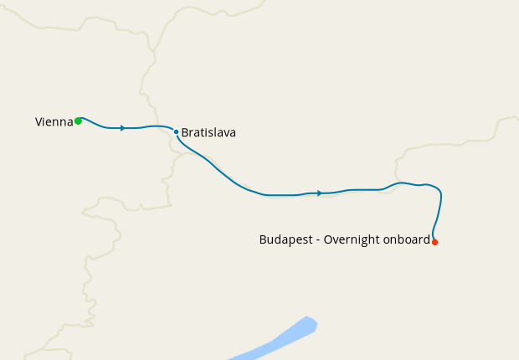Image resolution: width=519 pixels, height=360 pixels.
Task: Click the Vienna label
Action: [x=54, y=122]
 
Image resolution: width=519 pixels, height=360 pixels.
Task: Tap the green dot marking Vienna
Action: [x=78, y=121]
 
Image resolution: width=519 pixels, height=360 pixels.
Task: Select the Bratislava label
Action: [x=208, y=132]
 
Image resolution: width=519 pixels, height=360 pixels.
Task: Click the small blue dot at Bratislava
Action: [x=176, y=131]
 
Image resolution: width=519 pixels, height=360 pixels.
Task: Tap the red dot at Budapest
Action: [x=434, y=242]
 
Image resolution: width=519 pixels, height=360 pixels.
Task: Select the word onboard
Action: [x=406, y=239]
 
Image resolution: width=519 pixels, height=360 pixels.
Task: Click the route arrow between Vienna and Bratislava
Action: [x=123, y=128]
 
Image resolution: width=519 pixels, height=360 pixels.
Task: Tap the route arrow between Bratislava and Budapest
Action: [x=319, y=193]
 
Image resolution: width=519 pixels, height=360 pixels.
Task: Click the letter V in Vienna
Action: [x=39, y=122]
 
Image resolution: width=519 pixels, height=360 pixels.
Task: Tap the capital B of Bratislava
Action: [x=185, y=132]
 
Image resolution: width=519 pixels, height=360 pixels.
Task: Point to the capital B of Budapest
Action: [x=263, y=239]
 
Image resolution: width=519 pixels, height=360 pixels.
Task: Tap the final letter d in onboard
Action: [x=426, y=239]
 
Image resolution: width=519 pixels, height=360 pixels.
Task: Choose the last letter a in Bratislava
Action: [x=233, y=133]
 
